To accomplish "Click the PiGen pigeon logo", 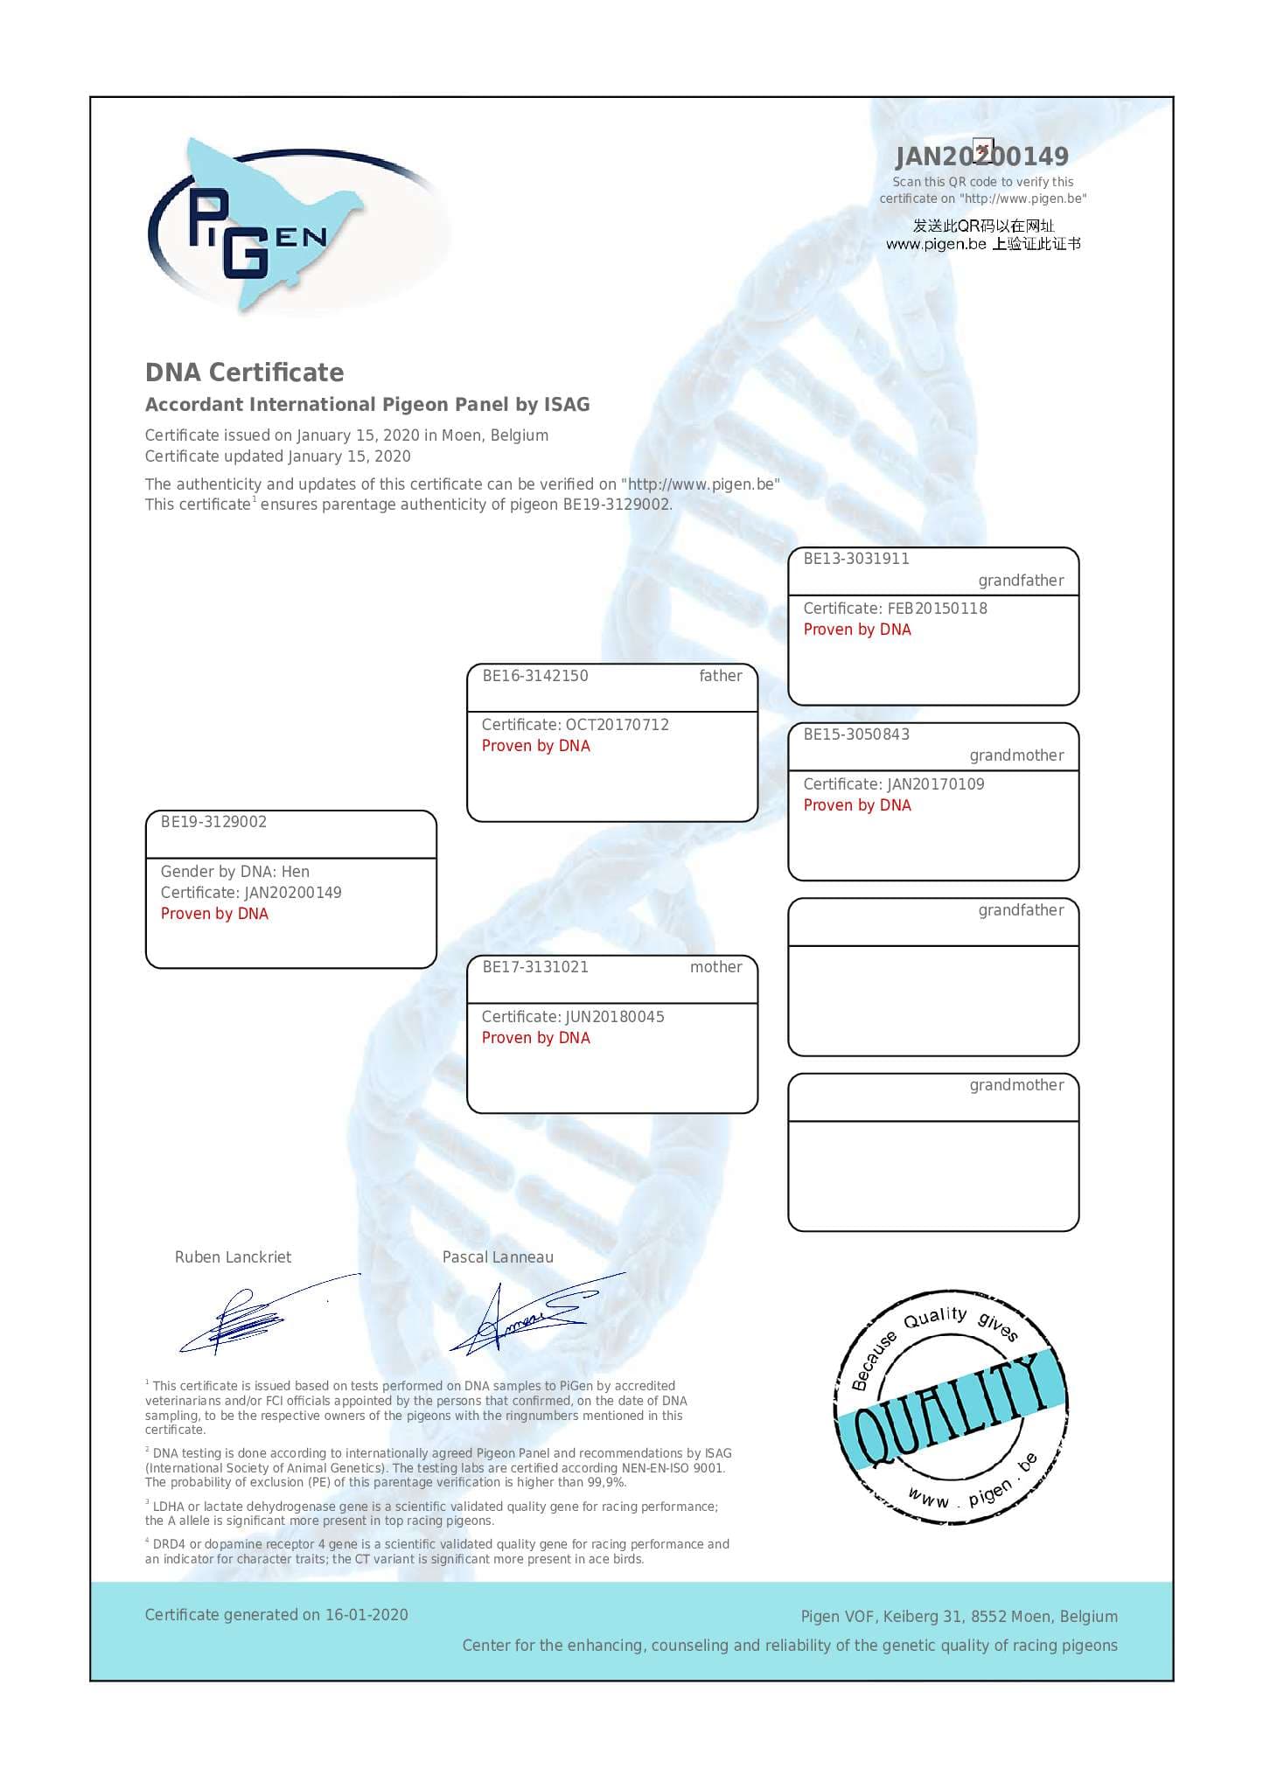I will click(262, 227).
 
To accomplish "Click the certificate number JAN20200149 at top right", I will click(981, 157).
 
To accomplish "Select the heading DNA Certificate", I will click(244, 372).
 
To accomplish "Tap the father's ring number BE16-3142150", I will click(535, 676).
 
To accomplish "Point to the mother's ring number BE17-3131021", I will click(535, 967).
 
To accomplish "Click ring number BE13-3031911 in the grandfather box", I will click(856, 559).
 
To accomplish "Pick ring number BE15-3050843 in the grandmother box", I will click(856, 734).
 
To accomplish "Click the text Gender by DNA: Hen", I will click(234, 872).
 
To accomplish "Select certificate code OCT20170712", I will click(617, 725).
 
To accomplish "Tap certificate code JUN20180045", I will click(615, 1017).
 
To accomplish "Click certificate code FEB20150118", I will click(937, 609).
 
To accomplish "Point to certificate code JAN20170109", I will click(935, 784).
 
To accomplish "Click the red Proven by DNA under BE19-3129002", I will click(214, 914).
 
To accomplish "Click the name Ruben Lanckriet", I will click(233, 1257).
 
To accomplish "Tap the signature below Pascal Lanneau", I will click(525, 1316).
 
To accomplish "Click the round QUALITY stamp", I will click(949, 1408).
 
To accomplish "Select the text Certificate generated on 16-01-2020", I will click(276, 1615).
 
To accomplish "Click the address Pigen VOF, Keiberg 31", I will click(883, 1617).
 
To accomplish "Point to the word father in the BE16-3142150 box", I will click(720, 676).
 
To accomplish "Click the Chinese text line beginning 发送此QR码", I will click(983, 226).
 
